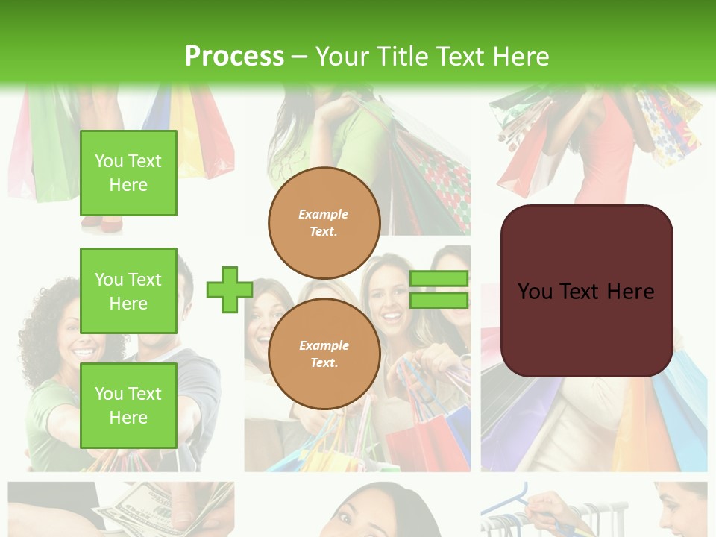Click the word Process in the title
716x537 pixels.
234,56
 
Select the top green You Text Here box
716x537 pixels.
128,173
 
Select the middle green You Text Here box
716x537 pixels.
128,291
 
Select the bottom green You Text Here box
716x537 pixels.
128,405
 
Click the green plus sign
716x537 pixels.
229,289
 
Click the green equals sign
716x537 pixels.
439,289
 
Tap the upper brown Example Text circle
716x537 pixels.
324,223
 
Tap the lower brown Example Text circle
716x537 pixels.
324,354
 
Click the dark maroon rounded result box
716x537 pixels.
586,328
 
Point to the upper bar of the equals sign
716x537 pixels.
439,278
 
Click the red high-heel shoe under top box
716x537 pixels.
101,222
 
